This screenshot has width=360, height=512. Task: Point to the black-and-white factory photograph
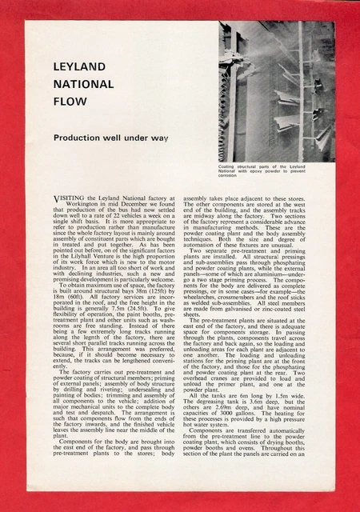click(x=276, y=91)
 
